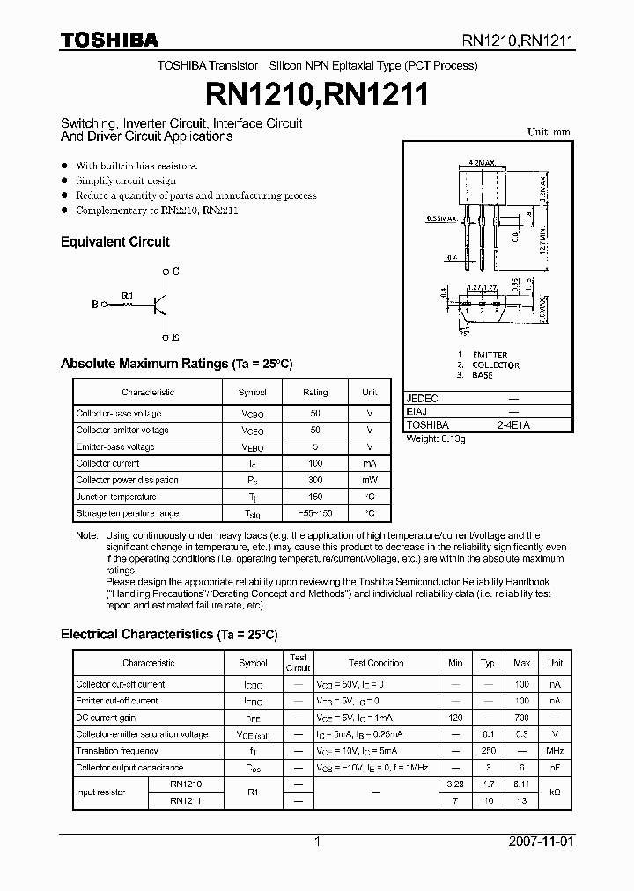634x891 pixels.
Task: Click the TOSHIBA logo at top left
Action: [109, 40]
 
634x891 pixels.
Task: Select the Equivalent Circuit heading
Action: [114, 241]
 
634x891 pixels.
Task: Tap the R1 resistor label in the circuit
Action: [127, 295]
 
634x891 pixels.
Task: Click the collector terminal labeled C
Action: [175, 272]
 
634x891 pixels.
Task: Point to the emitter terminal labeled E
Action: [175, 337]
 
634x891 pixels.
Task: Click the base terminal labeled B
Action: [94, 306]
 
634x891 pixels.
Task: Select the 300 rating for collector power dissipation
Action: [315, 480]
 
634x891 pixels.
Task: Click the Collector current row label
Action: [107, 463]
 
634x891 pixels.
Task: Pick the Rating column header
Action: [315, 392]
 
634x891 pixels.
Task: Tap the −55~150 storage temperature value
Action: [315, 513]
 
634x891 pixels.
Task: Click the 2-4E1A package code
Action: [513, 424]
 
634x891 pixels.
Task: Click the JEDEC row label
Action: [423, 398]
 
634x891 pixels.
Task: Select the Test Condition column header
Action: [376, 663]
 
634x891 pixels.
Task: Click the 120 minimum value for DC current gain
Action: [455, 718]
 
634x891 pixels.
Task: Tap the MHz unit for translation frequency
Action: [555, 751]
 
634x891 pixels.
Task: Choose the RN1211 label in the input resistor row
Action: [187, 800]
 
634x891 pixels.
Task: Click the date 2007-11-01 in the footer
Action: [565, 842]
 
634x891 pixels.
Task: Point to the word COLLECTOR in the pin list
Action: [496, 364]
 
